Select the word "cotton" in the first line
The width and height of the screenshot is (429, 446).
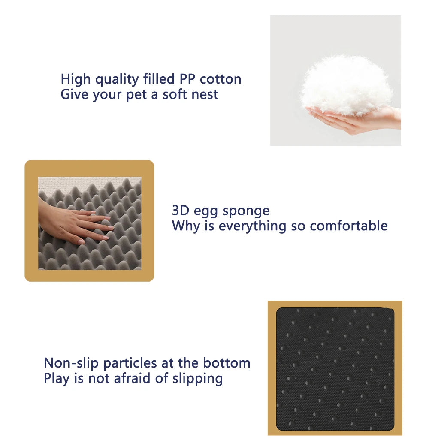click(221, 79)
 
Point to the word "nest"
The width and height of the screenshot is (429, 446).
click(204, 94)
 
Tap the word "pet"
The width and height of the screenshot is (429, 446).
click(136, 95)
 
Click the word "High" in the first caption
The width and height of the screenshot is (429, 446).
click(76, 80)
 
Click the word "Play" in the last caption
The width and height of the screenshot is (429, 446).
click(57, 379)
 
